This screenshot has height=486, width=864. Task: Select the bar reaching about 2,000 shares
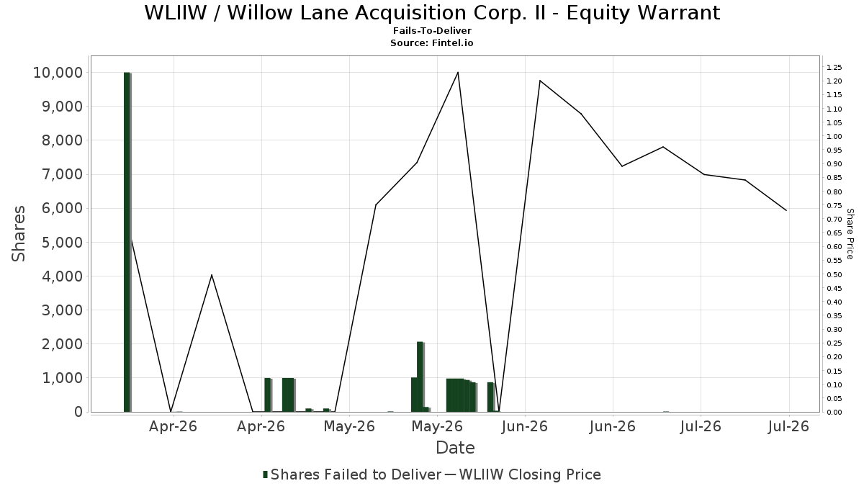coord(420,377)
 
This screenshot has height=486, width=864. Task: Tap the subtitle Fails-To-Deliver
coord(432,31)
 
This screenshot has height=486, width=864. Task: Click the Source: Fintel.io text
coord(431,42)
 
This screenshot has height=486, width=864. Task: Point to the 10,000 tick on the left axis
coord(58,73)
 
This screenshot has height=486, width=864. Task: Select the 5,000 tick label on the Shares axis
coord(62,242)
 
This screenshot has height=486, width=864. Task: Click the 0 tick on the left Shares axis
coord(78,412)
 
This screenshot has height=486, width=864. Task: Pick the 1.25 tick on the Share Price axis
coord(834,68)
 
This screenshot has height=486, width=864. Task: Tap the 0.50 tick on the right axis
coord(834,274)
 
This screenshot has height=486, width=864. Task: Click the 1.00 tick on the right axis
coord(834,137)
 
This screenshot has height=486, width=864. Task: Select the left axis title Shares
coord(18,234)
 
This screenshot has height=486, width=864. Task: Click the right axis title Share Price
coord(850,234)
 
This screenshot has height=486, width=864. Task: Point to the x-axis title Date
coord(455,448)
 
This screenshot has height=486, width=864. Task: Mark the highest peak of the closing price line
coord(458,72)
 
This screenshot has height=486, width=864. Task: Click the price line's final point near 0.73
coord(786,210)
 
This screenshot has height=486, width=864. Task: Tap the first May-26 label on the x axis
coord(349,426)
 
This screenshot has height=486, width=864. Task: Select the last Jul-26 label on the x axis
coord(788,426)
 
